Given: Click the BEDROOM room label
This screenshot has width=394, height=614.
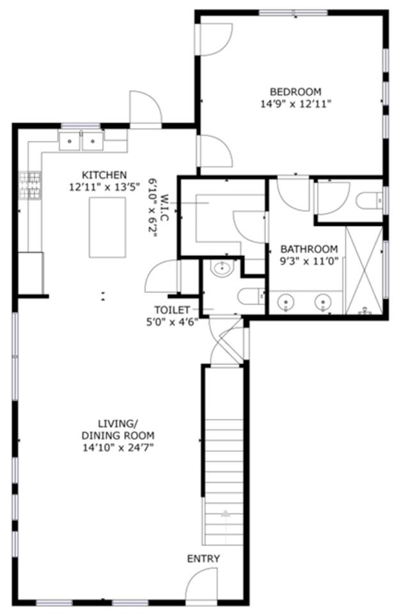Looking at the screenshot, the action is pyautogui.click(x=295, y=91).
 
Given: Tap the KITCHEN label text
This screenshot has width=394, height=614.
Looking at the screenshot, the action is pyautogui.click(x=104, y=175).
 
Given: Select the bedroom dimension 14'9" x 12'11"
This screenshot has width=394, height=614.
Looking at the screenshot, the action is pyautogui.click(x=296, y=104).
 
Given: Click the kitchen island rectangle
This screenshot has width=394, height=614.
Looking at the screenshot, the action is pyautogui.click(x=107, y=227).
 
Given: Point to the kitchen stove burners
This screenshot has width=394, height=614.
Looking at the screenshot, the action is pyautogui.click(x=30, y=185).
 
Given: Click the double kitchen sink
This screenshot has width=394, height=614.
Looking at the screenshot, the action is pyautogui.click(x=81, y=141).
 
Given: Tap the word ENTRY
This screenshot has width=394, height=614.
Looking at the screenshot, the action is pyautogui.click(x=203, y=559).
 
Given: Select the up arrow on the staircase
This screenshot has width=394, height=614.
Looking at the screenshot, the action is pyautogui.click(x=225, y=514).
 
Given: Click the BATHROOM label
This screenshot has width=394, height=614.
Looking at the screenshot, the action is pyautogui.click(x=309, y=249).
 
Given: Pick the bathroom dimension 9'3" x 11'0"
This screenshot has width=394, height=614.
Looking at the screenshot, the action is pyautogui.click(x=309, y=261).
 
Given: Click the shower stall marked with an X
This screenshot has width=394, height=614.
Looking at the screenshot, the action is pyautogui.click(x=364, y=270).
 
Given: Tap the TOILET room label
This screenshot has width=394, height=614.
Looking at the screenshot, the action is pyautogui.click(x=172, y=310).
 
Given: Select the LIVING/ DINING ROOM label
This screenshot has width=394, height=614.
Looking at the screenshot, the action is pyautogui.click(x=118, y=430).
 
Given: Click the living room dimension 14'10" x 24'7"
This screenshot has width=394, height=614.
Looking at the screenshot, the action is pyautogui.click(x=118, y=448).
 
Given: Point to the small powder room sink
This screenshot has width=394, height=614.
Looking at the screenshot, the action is pyautogui.click(x=222, y=268).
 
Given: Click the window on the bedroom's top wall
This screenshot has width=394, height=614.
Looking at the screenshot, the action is pyautogui.click(x=294, y=13).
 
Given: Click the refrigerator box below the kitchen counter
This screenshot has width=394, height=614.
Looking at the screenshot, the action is pyautogui.click(x=31, y=273).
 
